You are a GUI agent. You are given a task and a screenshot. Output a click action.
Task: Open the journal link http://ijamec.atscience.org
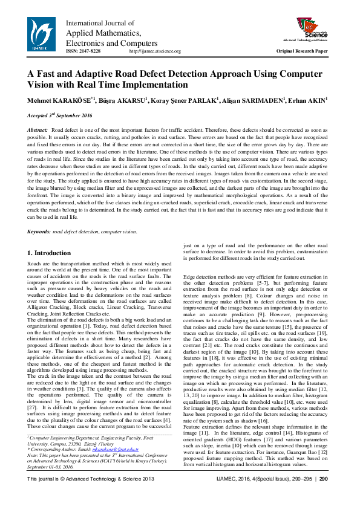tap(155, 51)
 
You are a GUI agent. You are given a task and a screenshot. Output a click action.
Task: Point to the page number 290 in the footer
tap(323, 496)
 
